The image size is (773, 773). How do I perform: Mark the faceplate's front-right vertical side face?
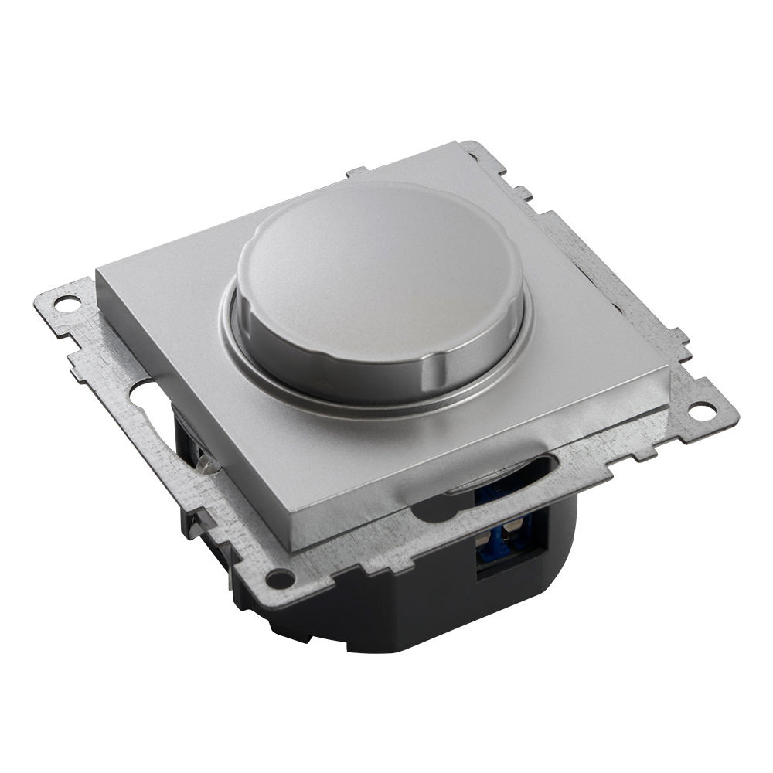tap(479, 472)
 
